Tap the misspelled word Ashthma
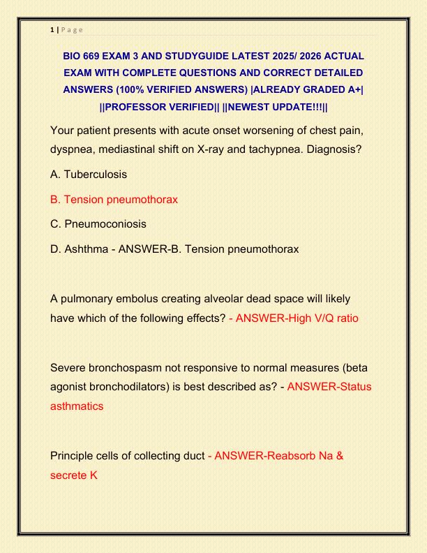(87, 249)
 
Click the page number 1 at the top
(52, 29)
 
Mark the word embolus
(137, 299)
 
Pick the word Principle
(73, 456)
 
